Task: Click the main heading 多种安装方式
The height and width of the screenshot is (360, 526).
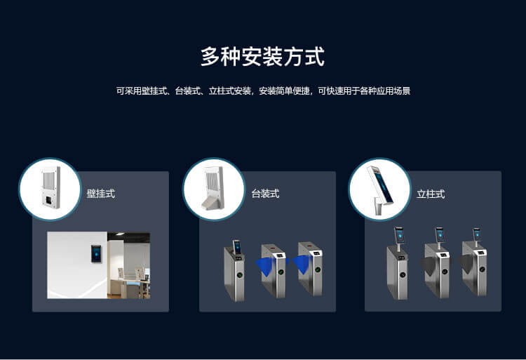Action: click(x=263, y=56)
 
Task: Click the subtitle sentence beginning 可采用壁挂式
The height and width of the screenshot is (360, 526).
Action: click(x=263, y=91)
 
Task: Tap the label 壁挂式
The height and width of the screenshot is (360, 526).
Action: click(x=100, y=194)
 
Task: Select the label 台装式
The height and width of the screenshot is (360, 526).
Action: click(x=265, y=194)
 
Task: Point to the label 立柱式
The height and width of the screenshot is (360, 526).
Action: click(x=431, y=194)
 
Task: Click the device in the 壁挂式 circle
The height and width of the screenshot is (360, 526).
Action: click(x=51, y=187)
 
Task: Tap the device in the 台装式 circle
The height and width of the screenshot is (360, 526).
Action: click(x=213, y=188)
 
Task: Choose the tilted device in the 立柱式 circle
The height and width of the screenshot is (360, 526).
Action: click(x=380, y=189)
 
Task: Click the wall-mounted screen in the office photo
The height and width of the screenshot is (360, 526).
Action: click(x=96, y=253)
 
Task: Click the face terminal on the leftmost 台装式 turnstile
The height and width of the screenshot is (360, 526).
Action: click(x=237, y=247)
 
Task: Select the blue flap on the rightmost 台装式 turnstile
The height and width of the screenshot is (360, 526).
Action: click(x=302, y=265)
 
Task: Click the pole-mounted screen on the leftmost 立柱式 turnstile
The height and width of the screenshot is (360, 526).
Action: click(x=399, y=236)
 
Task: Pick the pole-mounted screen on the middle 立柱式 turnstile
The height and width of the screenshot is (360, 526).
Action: click(x=440, y=235)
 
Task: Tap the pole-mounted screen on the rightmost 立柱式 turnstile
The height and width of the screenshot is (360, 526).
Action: click(x=478, y=234)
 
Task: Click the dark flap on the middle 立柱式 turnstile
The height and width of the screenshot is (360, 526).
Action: click(x=429, y=267)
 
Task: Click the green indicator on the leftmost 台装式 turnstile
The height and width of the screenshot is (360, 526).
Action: click(x=240, y=275)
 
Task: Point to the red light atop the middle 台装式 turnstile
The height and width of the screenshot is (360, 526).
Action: click(x=272, y=248)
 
